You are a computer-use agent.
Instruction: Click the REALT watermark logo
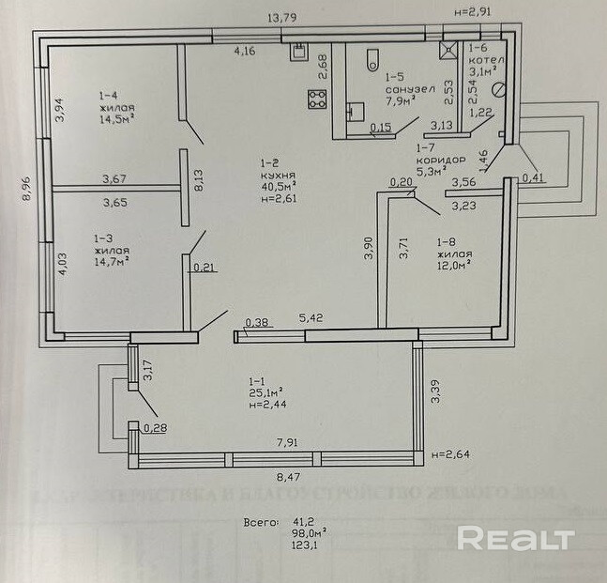[515, 538]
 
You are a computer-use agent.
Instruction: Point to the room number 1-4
[109, 95]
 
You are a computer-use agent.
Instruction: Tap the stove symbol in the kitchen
[317, 97]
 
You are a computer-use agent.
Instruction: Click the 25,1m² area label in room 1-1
[266, 392]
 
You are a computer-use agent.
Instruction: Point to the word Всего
[262, 520]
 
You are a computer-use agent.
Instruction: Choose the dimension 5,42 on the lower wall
[311, 318]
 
